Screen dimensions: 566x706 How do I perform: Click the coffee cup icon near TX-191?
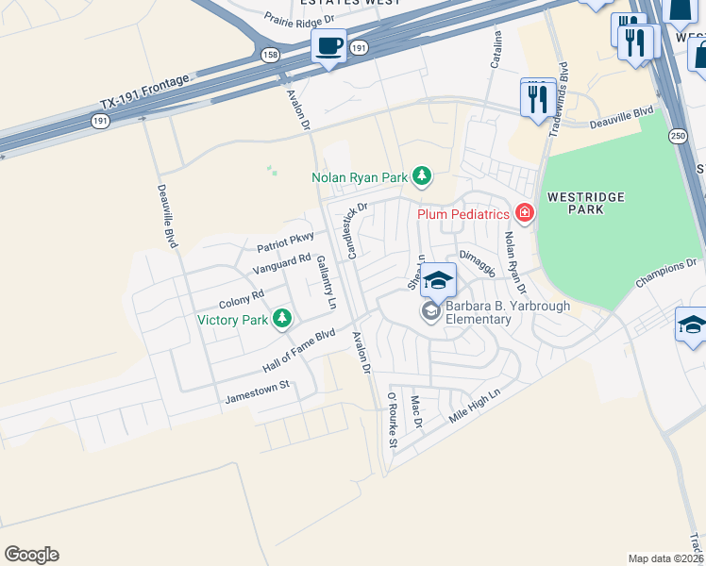point(328,46)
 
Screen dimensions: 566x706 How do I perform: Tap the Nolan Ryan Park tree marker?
point(422,176)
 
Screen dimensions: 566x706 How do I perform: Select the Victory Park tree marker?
point(281,320)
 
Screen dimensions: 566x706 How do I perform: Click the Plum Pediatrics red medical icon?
point(523,214)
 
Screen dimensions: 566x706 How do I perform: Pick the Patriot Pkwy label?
point(284,242)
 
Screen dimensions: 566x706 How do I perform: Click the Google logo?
point(31,555)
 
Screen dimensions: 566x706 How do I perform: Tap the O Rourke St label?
point(392,422)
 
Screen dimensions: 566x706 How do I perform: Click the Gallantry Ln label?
point(327,283)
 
